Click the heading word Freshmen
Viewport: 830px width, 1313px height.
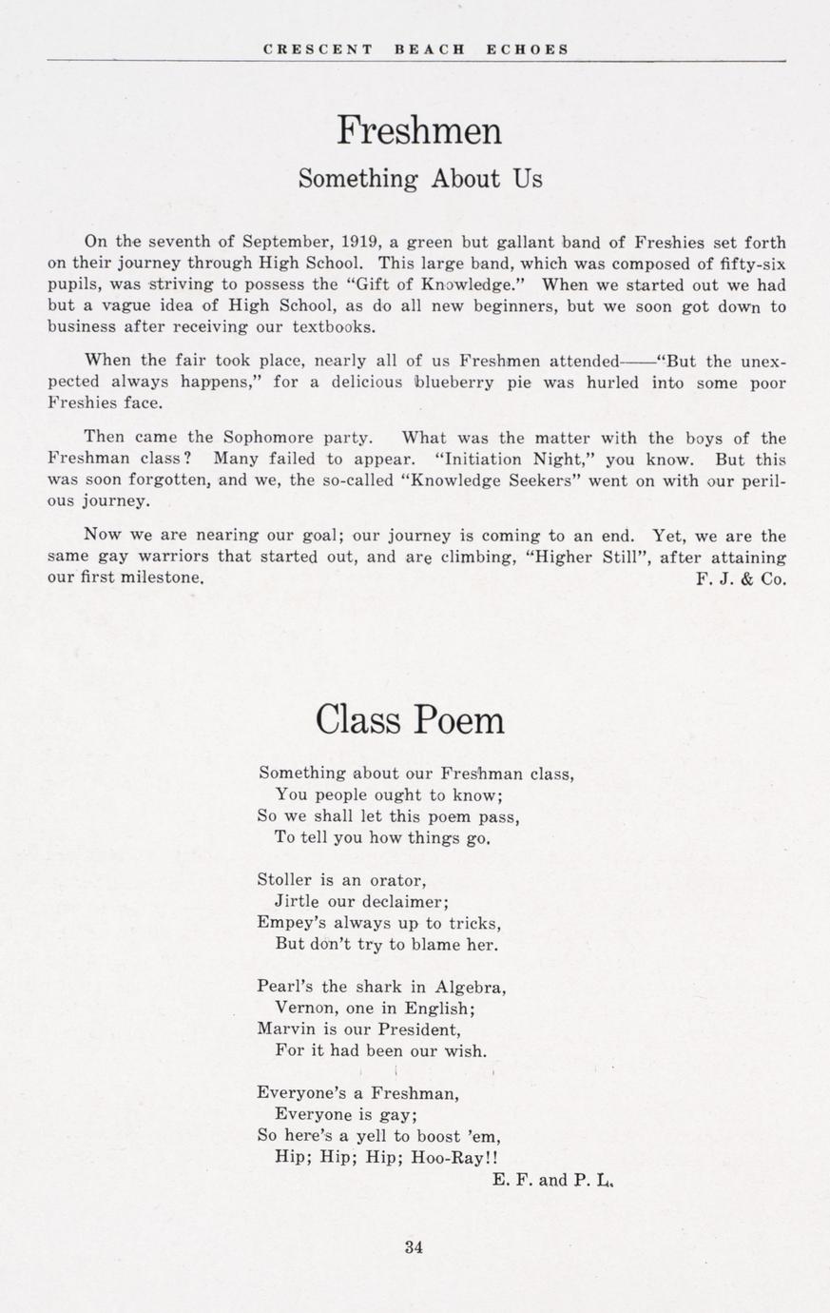point(418,130)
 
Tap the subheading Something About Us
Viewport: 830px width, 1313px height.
point(419,179)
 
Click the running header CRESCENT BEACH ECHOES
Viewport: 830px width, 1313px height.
point(415,49)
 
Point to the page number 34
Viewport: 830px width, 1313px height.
point(414,1247)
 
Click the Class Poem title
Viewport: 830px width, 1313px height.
point(410,720)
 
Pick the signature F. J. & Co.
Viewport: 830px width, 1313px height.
point(741,578)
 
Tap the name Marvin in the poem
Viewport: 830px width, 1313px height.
point(286,1029)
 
